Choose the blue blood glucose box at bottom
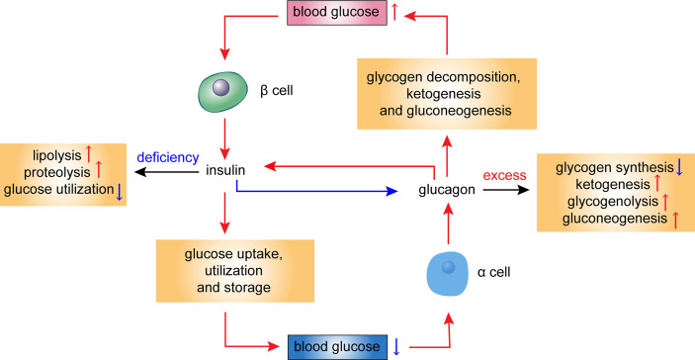334,346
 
